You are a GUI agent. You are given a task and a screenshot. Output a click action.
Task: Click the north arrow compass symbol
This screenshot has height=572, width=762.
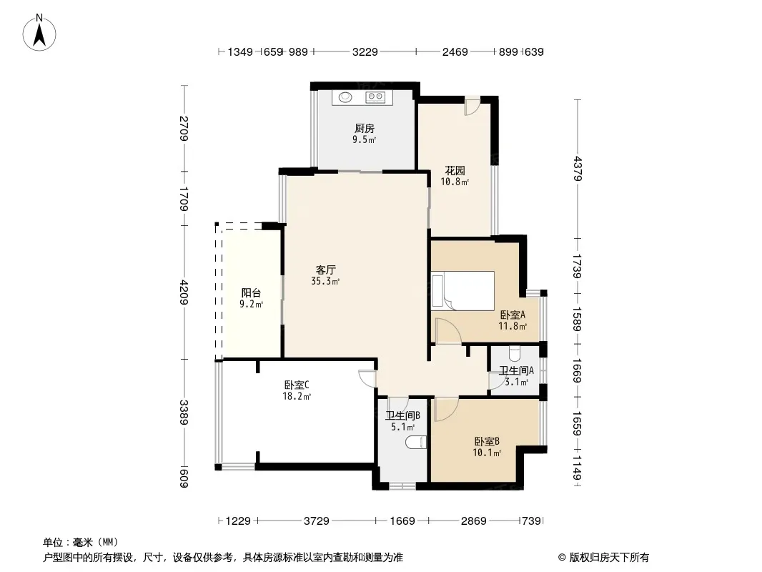point(39,33)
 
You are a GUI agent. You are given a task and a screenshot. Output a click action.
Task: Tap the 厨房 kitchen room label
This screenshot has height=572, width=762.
point(365,128)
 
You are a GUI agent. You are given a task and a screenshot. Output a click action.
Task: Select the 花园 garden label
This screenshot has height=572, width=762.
point(455,171)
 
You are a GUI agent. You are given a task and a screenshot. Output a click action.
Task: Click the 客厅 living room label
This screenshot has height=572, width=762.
point(325,270)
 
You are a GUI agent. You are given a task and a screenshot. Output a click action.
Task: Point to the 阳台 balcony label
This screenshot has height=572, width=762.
point(251,292)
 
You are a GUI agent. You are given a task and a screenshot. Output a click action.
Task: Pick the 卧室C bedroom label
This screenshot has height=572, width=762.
point(297,385)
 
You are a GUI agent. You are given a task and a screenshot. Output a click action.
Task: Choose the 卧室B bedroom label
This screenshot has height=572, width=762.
point(487,441)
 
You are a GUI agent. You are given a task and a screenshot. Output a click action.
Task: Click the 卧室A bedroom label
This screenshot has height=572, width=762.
point(513,315)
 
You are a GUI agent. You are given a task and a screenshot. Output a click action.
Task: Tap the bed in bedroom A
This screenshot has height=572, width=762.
point(462,290)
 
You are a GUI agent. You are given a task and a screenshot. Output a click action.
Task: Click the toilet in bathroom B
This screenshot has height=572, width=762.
point(416,443)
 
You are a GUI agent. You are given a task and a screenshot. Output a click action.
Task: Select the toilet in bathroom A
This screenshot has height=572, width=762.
point(515,354)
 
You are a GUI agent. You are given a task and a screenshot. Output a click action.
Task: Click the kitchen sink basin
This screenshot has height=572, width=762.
point(345,97)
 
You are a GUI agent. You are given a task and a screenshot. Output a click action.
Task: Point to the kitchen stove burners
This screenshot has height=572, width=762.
point(375,97)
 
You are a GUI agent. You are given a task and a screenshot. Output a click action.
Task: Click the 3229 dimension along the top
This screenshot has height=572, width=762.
point(365,51)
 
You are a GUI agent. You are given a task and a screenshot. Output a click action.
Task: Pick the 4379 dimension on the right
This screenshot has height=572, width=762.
point(578,168)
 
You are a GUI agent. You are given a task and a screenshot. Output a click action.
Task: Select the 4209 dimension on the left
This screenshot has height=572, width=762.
point(184,292)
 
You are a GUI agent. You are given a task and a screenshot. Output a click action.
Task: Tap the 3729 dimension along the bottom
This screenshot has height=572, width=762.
point(317,521)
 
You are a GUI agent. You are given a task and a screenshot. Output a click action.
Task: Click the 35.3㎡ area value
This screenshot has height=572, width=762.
point(325,281)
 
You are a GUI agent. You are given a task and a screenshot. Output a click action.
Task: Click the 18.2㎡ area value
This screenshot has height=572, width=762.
point(297,396)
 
